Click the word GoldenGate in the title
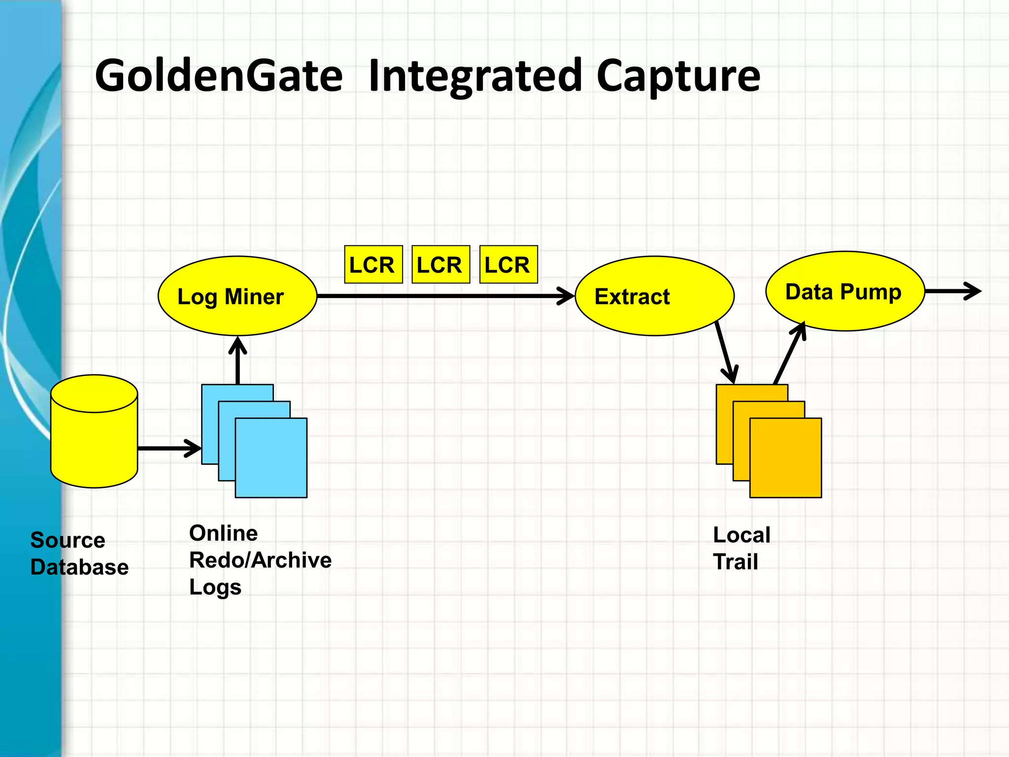coord(218,76)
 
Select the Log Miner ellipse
coord(237,296)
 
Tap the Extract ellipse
coord(654,296)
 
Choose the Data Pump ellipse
coord(844,291)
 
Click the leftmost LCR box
coord(373,265)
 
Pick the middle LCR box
coord(440,265)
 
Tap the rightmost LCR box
coord(508,265)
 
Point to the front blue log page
coord(271,458)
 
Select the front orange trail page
coord(785,458)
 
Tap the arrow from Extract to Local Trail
coord(725,352)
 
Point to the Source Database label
coord(79,554)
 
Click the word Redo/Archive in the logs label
coord(260,560)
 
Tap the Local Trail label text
coord(741,548)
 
